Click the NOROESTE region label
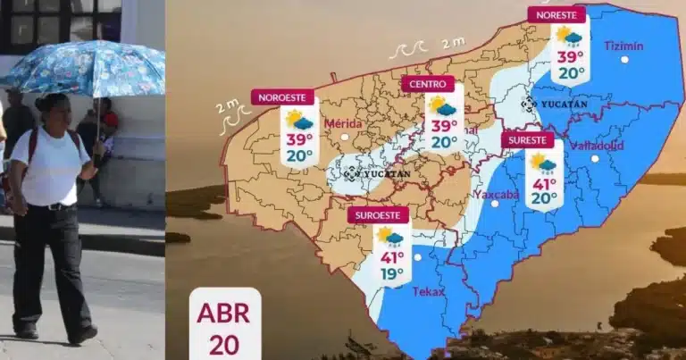pos(282,96)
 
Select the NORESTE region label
pos(556,14)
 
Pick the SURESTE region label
pos(527,140)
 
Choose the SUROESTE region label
pos(378,214)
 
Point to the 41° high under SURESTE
pos(543,184)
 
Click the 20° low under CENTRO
pos(444,142)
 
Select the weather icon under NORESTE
pos(569,36)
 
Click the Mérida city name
pos(343,122)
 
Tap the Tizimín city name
pos(623,45)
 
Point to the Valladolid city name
pos(597,145)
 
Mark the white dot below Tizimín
pos(624,60)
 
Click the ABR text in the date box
pos(224,316)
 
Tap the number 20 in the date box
pos(224,346)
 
